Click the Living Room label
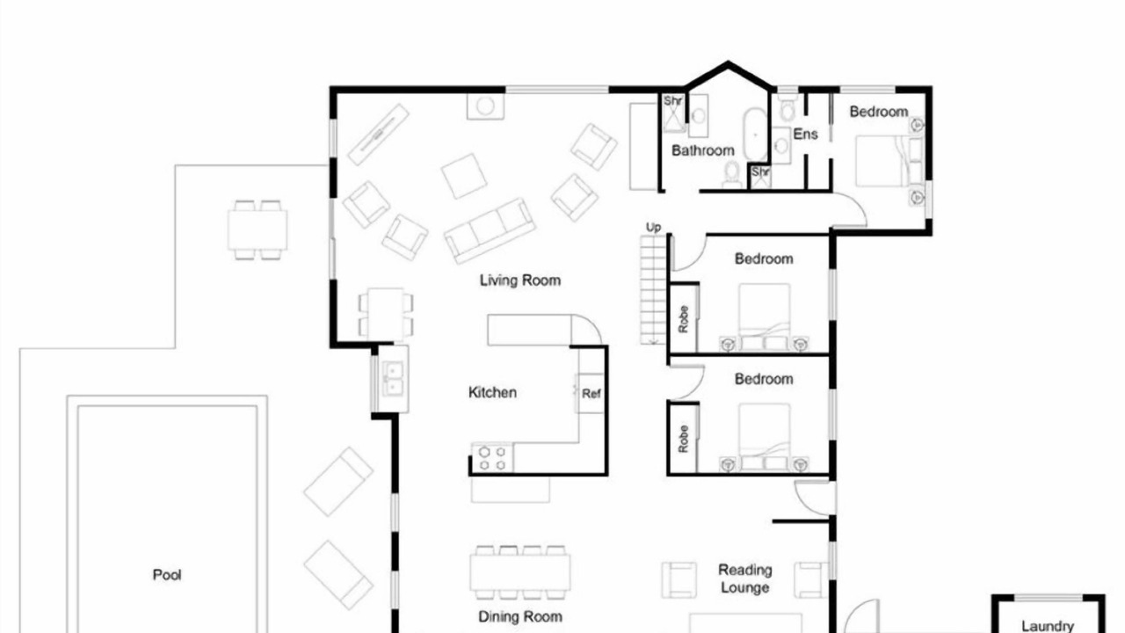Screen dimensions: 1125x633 click(x=519, y=280)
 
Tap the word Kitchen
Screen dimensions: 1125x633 click(x=492, y=392)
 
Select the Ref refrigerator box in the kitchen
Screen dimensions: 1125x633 click(x=591, y=393)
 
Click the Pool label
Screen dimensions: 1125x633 click(x=167, y=575)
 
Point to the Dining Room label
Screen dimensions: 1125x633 click(x=519, y=616)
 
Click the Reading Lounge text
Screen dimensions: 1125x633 click(x=744, y=578)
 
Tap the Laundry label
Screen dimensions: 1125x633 click(x=1048, y=626)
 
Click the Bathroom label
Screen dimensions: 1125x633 click(x=702, y=150)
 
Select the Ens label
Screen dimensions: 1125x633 click(x=805, y=135)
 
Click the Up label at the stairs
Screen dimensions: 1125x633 click(x=653, y=228)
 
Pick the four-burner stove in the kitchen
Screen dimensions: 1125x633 click(x=492, y=458)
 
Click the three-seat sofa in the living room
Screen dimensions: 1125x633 click(x=490, y=230)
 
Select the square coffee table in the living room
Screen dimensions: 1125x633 click(x=464, y=176)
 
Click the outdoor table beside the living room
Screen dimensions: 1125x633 click(x=258, y=230)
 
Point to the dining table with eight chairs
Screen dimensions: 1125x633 click(x=519, y=572)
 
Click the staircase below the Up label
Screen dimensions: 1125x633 click(x=653, y=290)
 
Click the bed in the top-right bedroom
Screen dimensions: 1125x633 click(x=889, y=161)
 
